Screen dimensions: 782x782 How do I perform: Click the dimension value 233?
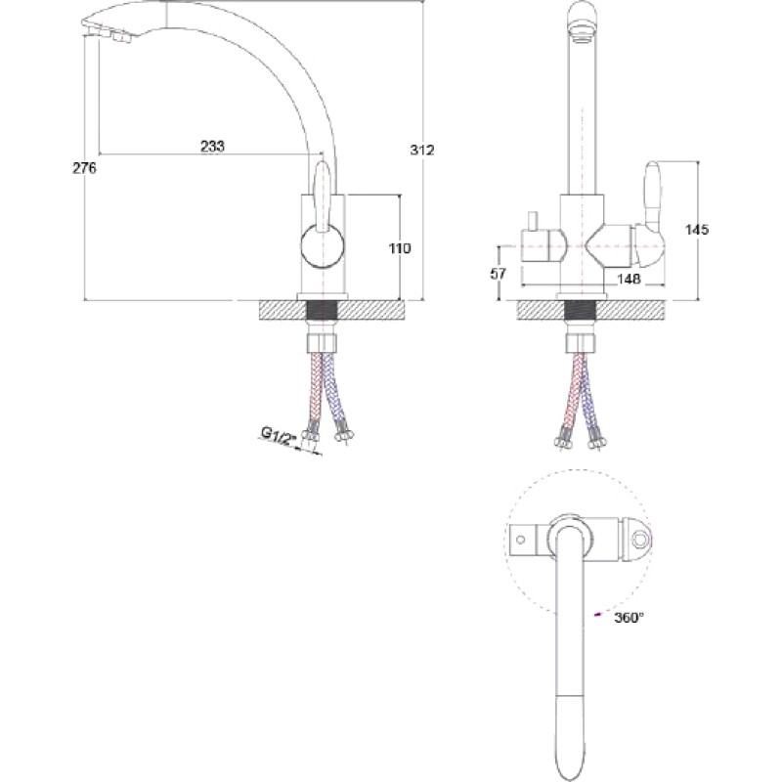[x=212, y=146]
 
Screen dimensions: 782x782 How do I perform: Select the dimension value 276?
[x=84, y=168]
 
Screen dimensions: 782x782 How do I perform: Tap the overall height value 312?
[x=422, y=150]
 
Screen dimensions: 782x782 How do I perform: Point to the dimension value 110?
[x=400, y=248]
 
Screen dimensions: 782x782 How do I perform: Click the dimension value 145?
[x=697, y=230]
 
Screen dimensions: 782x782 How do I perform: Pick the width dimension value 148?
[x=629, y=279]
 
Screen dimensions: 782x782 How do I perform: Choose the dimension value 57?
[x=498, y=274]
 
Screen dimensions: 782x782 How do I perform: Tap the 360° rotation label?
[x=629, y=618]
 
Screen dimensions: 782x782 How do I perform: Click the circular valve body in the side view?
[x=323, y=247]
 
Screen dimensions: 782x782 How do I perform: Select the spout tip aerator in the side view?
[x=109, y=36]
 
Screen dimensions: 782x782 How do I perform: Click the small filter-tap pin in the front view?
[x=533, y=221]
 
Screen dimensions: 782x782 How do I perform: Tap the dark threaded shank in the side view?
[x=323, y=310]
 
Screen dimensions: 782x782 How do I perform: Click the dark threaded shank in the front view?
[x=582, y=309]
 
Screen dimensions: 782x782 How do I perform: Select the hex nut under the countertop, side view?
[x=323, y=343]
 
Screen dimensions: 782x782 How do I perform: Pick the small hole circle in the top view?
[x=520, y=540]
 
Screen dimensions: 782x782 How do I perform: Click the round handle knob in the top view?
[x=640, y=540]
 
